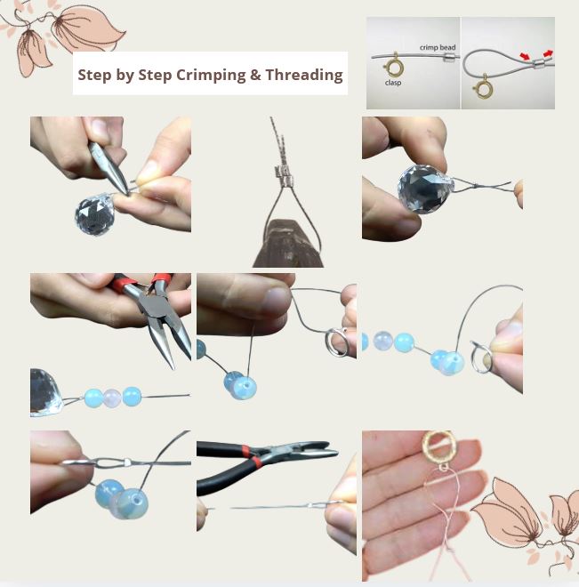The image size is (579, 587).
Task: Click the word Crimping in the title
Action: (211, 76)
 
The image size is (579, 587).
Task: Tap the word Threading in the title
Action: (304, 75)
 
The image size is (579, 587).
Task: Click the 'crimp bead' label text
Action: (438, 47)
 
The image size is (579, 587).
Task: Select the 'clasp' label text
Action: (393, 83)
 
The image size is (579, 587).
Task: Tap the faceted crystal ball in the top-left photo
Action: (94, 214)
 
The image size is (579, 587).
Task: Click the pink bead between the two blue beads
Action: (112, 398)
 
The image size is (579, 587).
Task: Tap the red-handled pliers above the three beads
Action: (154, 315)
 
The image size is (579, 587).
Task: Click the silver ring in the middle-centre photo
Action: (336, 342)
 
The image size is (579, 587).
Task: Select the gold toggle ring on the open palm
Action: (438, 446)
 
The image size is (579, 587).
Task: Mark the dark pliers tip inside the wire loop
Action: (288, 244)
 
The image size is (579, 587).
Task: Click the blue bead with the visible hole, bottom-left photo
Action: (133, 503)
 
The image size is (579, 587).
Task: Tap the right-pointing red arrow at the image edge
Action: (548, 53)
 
